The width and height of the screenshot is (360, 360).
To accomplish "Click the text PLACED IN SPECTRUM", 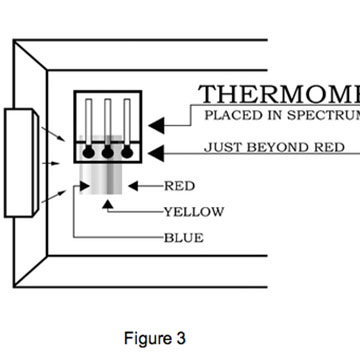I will (x=281, y=116).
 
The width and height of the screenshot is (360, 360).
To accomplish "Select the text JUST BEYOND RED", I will (x=275, y=148).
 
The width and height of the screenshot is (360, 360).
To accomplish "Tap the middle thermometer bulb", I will (x=106, y=153).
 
